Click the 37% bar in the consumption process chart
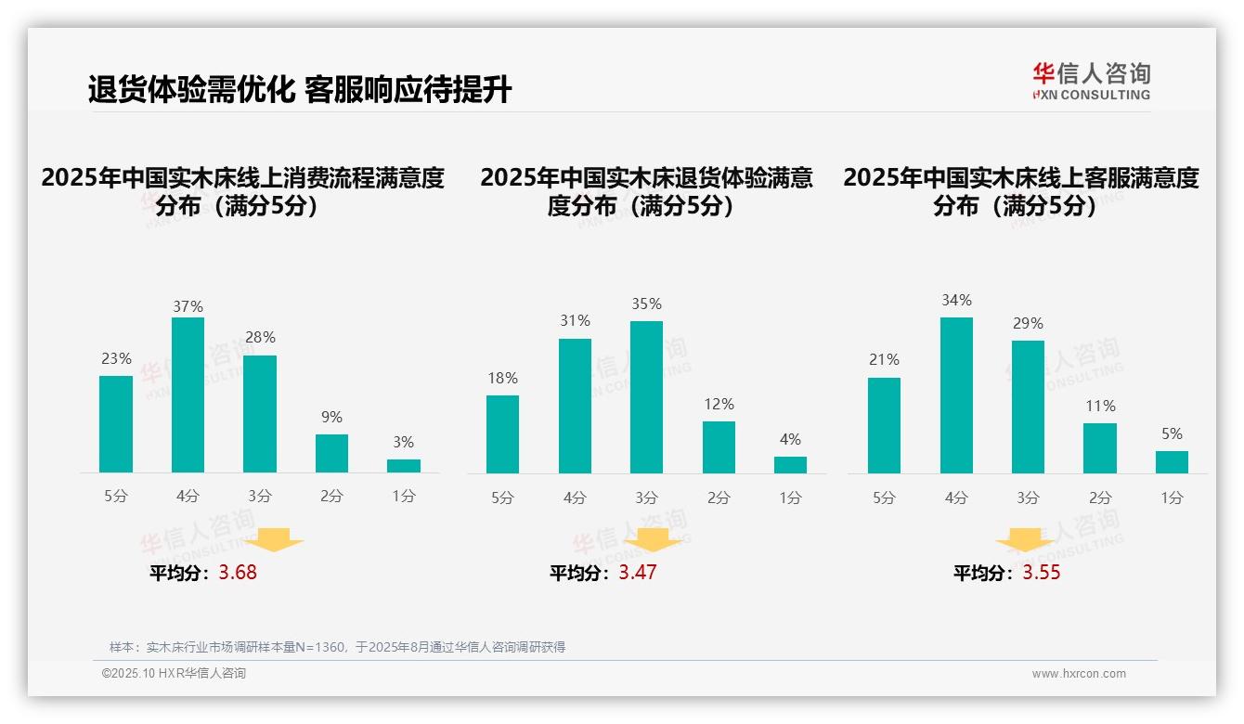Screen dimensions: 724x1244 click(x=188, y=394)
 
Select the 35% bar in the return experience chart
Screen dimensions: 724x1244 click(x=646, y=397)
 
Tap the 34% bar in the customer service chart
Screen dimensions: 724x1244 click(x=956, y=394)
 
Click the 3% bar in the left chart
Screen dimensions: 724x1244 click(x=404, y=466)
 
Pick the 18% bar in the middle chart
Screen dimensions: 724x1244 click(x=502, y=434)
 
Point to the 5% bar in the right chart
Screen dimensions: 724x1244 click(x=1172, y=462)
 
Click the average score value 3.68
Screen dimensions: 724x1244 click(x=238, y=573)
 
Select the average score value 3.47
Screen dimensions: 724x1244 click(x=638, y=573)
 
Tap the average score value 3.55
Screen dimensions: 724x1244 click(x=1042, y=573)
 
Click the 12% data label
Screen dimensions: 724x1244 click(x=719, y=405)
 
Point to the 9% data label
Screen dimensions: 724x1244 click(x=331, y=418)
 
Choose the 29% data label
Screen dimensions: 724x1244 click(x=1028, y=324)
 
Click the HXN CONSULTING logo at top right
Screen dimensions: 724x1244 click(x=1091, y=82)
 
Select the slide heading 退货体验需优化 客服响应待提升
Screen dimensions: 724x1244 click(x=299, y=90)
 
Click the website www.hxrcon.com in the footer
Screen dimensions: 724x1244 click(x=1079, y=674)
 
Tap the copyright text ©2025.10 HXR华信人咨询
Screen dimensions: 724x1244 click(x=174, y=674)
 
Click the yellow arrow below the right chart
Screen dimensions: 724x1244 click(x=1025, y=540)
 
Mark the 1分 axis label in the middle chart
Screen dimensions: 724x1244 click(x=790, y=498)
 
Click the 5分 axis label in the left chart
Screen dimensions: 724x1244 click(x=116, y=497)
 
